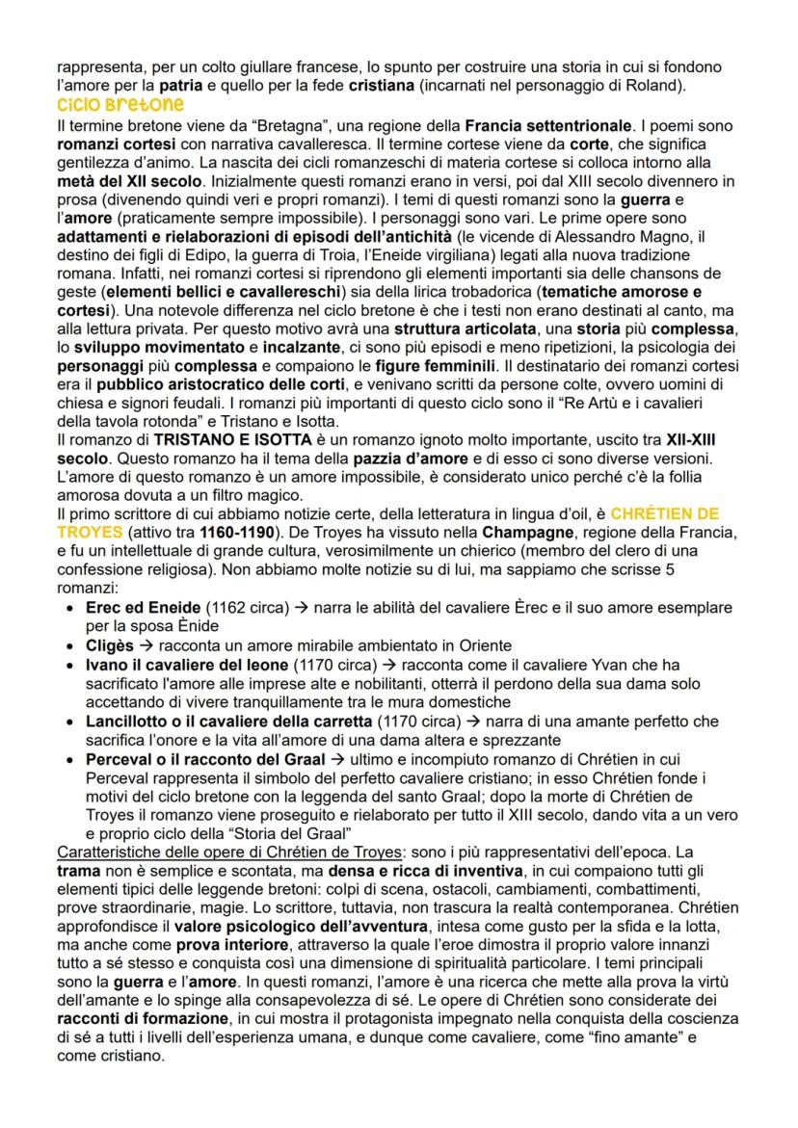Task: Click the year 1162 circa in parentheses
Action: pyautogui.click(x=237, y=608)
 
